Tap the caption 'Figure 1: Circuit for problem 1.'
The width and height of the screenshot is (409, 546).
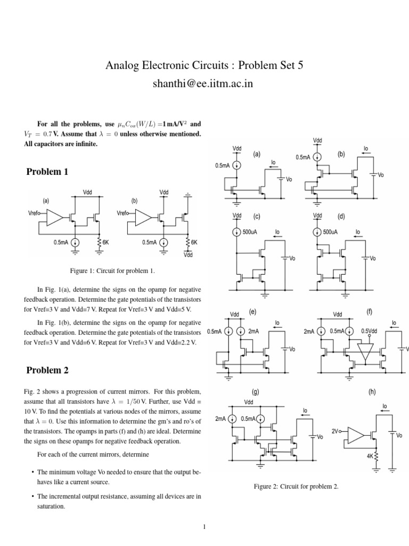click(x=108, y=271)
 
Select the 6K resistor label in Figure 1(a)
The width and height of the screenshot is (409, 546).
click(x=105, y=242)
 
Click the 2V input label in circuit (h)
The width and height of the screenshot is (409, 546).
click(x=336, y=430)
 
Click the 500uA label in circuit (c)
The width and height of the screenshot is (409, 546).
click(x=250, y=232)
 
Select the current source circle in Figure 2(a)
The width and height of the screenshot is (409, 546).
click(x=237, y=166)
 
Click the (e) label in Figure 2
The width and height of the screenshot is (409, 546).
click(x=252, y=311)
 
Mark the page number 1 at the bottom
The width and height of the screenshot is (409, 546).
click(x=204, y=528)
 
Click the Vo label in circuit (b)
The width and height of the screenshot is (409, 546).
click(x=380, y=175)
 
